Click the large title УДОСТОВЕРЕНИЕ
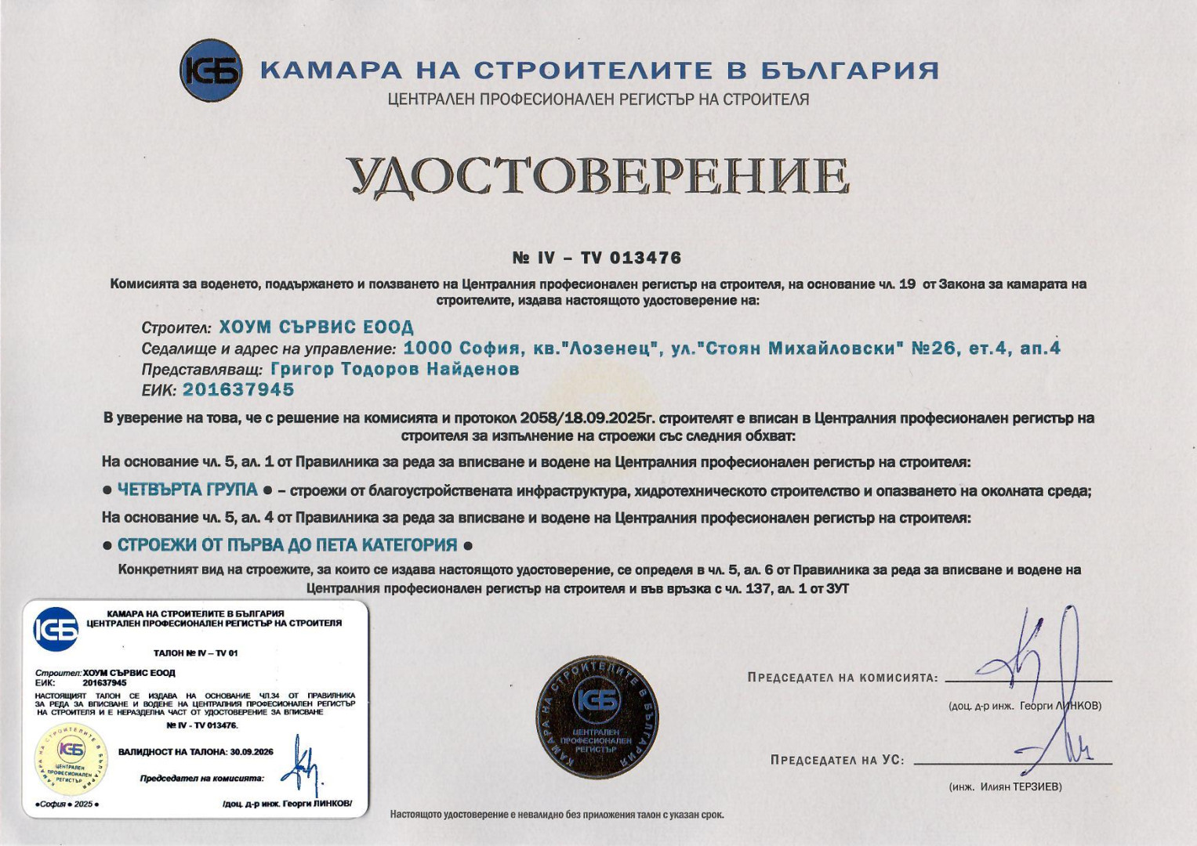click(x=598, y=176)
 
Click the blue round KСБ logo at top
click(x=210, y=70)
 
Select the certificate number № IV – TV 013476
click(x=597, y=258)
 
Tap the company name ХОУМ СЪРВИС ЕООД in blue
click(x=316, y=327)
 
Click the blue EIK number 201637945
click(x=238, y=389)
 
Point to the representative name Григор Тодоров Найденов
click(x=395, y=368)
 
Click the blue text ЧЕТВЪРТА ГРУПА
click(x=187, y=490)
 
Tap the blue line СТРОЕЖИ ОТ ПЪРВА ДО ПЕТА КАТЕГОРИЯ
click(x=287, y=544)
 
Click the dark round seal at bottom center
click(x=597, y=717)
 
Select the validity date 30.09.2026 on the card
click(x=252, y=752)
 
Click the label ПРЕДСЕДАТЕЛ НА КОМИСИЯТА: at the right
click(x=843, y=678)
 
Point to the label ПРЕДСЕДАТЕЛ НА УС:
click(x=837, y=760)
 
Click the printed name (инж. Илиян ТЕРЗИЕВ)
click(x=1005, y=786)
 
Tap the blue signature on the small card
click(x=302, y=768)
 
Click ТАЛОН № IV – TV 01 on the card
click(x=195, y=653)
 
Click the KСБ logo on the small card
click(x=56, y=629)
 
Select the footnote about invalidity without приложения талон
click(x=557, y=815)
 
